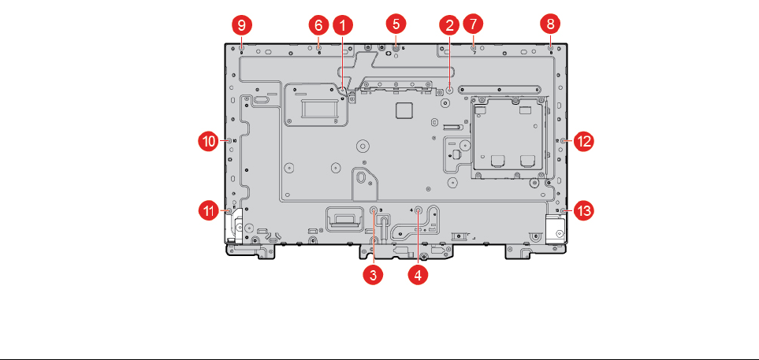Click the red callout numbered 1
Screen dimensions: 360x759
pyautogui.click(x=341, y=26)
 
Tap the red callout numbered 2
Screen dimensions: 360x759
pyautogui.click(x=449, y=26)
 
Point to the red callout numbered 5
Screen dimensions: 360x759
pyautogui.click(x=396, y=26)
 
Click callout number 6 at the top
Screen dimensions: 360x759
pyautogui.click(x=318, y=26)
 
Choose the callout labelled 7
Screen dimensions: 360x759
pyautogui.click(x=473, y=26)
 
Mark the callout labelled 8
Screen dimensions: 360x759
pyautogui.click(x=550, y=26)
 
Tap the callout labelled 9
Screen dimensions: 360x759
pyautogui.click(x=241, y=26)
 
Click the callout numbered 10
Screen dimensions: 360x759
pyautogui.click(x=207, y=141)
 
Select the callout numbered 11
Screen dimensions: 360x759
pyautogui.click(x=207, y=210)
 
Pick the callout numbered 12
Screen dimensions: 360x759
pyautogui.click(x=584, y=141)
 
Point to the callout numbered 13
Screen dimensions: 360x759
pyautogui.click(x=584, y=210)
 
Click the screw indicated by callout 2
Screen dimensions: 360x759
pyautogui.click(x=449, y=89)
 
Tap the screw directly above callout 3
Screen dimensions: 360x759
pyautogui.click(x=374, y=210)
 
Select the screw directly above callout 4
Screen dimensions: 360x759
pyautogui.click(x=419, y=210)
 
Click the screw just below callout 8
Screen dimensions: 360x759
pyautogui.click(x=550, y=47)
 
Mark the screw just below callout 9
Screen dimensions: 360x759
pyautogui.click(x=241, y=47)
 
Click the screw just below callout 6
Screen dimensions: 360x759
pyautogui.click(x=318, y=47)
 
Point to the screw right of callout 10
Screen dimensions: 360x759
pyautogui.click(x=228, y=141)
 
